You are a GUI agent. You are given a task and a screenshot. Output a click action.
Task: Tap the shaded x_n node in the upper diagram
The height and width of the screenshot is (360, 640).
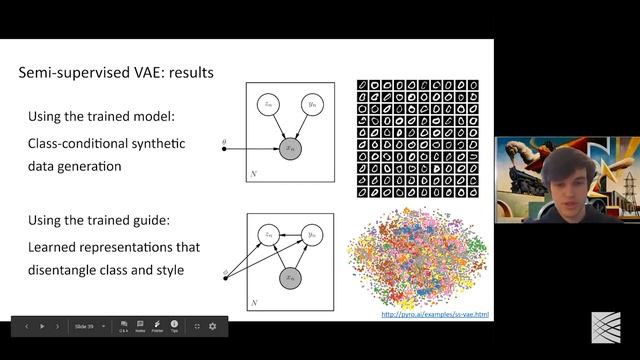point(291,149)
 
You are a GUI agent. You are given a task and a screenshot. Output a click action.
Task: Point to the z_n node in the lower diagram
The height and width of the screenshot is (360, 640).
point(268,234)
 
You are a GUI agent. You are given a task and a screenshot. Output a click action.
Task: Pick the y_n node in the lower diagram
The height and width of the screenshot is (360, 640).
point(313,234)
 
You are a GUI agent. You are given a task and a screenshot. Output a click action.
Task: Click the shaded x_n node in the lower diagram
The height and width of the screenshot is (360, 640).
point(291,277)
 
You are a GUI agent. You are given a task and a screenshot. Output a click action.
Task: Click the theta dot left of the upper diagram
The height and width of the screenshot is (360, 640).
point(224,149)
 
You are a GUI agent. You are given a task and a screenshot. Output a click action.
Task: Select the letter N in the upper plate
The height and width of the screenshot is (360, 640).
point(253,174)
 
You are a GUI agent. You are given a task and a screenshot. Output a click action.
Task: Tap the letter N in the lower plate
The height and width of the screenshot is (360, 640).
point(253,302)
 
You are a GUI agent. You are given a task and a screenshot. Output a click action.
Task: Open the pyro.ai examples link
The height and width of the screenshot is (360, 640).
point(436,315)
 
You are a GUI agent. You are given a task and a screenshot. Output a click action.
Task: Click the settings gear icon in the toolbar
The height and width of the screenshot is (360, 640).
point(213,326)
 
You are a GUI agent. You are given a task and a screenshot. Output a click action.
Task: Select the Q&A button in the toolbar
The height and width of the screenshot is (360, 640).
point(124,326)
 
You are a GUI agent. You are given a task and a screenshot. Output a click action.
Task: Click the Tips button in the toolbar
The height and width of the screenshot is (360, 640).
point(174,326)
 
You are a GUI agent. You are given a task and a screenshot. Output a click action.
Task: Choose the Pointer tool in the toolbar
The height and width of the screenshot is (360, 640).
point(157,326)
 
